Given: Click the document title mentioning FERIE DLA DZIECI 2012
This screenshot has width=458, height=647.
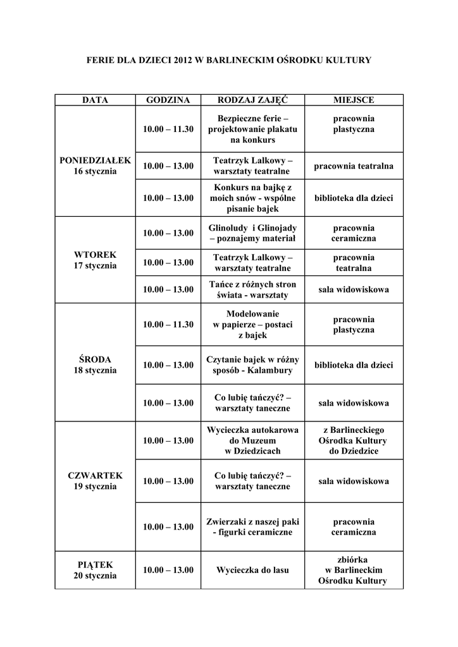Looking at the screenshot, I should point(228,60).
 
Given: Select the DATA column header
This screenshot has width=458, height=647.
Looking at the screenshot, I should point(95,100).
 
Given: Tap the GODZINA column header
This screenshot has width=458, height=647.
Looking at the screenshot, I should point(168,100).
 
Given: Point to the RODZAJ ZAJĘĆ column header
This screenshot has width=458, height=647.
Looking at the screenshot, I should point(252,100).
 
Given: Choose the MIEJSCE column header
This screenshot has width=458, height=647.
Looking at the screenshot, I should point(354,100).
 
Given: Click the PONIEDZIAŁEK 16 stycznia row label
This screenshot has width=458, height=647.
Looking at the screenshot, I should point(95,166).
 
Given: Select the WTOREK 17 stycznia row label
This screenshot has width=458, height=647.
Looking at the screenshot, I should point(95,260).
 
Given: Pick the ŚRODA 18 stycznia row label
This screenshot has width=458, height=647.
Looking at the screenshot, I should point(95,365).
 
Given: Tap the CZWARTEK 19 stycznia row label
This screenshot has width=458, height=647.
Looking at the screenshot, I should point(95,481).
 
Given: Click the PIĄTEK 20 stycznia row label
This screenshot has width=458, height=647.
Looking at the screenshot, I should point(95,570).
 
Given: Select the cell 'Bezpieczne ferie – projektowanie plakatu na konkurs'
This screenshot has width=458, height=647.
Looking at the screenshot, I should point(252,129).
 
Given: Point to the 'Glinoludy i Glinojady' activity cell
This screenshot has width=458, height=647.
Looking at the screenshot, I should point(252,233).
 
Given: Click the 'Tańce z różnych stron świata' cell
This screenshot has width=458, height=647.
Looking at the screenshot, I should point(252,289).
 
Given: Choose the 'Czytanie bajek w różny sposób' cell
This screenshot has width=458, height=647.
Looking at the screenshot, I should point(252,365).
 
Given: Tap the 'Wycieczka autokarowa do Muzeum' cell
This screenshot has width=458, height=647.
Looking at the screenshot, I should point(252,440).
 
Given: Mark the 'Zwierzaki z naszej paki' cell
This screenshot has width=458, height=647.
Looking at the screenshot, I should point(252,527).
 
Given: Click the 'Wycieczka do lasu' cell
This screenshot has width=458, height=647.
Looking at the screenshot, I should point(252,570).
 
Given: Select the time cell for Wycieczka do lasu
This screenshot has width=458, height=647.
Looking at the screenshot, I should point(168,570).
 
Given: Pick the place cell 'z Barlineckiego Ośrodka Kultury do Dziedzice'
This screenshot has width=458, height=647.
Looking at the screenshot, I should point(354,440).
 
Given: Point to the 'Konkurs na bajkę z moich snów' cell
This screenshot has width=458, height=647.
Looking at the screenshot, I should point(252,198).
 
